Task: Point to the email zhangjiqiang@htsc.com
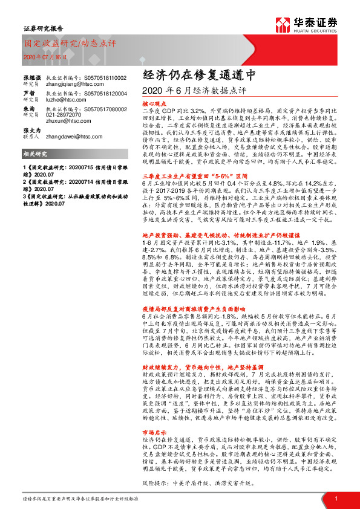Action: [72, 85]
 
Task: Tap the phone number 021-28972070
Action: [65, 114]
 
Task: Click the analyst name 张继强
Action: [31, 78]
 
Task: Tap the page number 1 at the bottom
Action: [335, 499]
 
